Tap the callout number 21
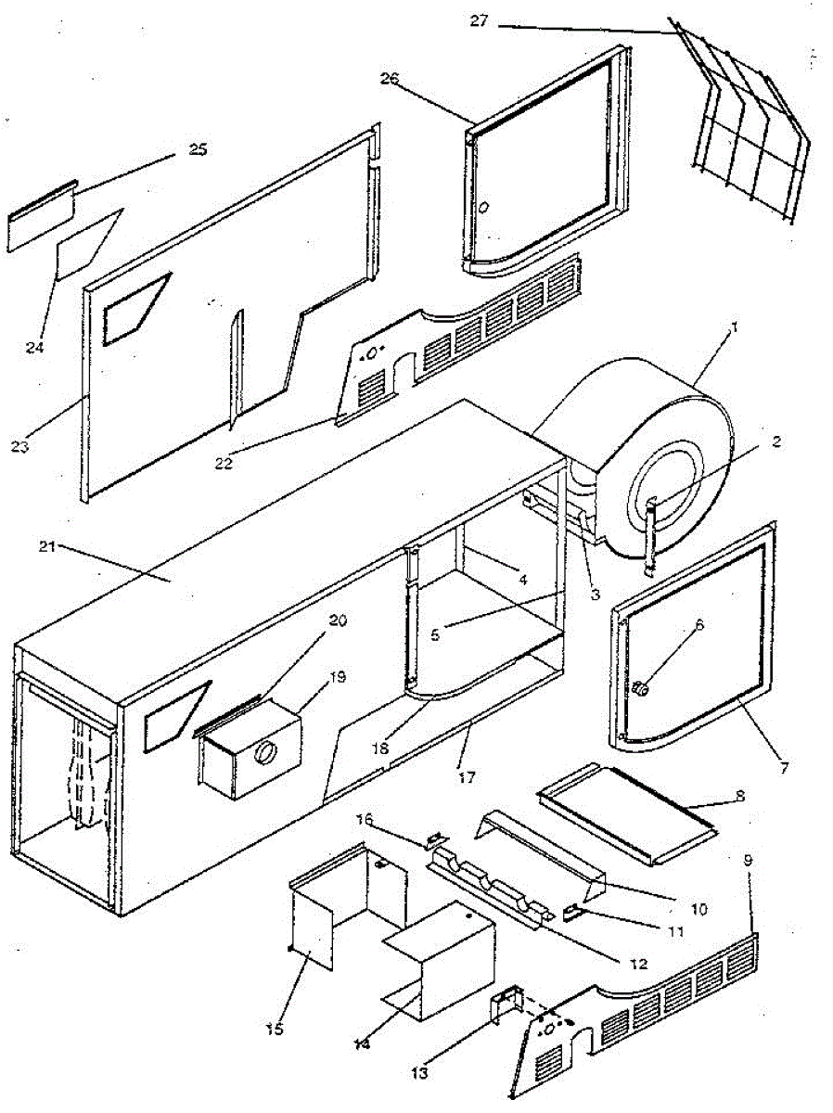(x=49, y=546)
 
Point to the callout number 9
(x=748, y=860)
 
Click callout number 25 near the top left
(x=198, y=149)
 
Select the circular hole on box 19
(x=266, y=753)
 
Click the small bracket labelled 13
(x=504, y=1004)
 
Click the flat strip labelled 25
(x=42, y=219)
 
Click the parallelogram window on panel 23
(x=136, y=308)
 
